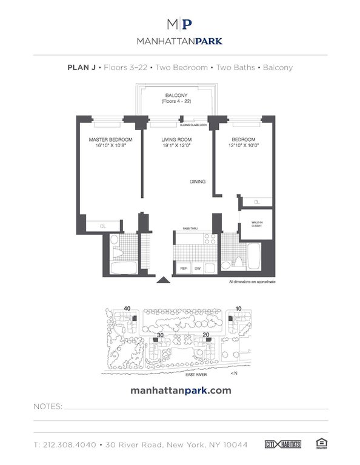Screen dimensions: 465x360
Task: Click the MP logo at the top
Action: coord(180,24)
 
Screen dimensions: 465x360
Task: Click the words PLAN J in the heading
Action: coord(80,67)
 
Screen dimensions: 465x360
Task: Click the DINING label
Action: coord(198,182)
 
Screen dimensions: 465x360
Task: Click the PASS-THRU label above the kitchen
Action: coord(182,229)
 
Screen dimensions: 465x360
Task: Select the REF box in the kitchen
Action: coord(182,267)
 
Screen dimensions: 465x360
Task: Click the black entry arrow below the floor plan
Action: coord(162,280)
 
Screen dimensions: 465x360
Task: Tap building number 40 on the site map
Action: coord(127,309)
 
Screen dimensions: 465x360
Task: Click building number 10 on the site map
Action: coord(239,309)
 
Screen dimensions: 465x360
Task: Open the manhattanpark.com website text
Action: coord(181,391)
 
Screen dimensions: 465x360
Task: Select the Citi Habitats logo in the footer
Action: coord(281,444)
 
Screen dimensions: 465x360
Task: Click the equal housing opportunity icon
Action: coord(321,444)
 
